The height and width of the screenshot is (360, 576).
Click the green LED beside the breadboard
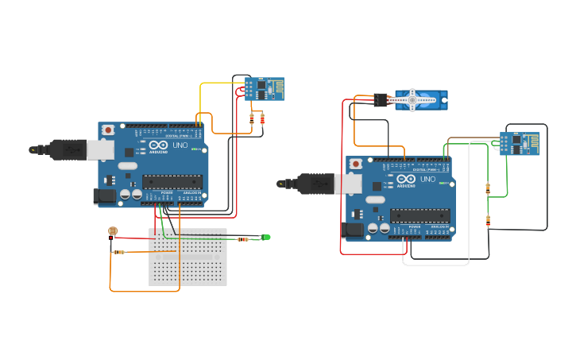[x=266, y=237]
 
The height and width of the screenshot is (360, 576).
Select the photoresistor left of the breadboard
[x=112, y=232]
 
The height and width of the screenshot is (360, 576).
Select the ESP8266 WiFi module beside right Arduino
[x=520, y=143]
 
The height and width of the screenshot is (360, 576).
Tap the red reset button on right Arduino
[x=356, y=164]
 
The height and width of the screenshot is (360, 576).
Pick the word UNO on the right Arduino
[x=428, y=180]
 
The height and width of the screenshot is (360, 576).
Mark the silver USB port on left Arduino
[x=100, y=149]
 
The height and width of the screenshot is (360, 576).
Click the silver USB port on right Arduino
[x=348, y=184]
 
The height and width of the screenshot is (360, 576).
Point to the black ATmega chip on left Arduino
[x=172, y=180]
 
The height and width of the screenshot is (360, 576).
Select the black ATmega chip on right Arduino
[x=420, y=215]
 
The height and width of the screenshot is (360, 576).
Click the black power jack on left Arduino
[x=104, y=196]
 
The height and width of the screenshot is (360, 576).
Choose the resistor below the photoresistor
[x=118, y=253]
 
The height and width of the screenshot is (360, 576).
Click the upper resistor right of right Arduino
[x=488, y=188]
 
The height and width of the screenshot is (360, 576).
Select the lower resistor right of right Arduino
[x=488, y=220]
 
